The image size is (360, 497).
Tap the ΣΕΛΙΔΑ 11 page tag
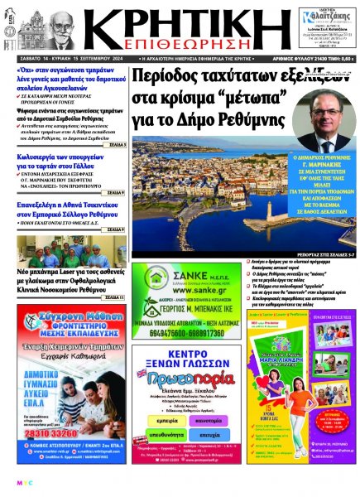click(113, 297)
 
